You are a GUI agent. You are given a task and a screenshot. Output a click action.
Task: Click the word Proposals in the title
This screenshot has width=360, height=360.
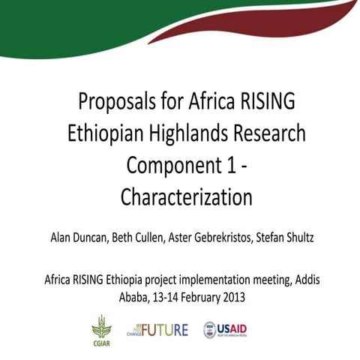click(115, 101)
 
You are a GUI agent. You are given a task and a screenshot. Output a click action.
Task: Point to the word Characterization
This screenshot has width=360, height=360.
click(186, 197)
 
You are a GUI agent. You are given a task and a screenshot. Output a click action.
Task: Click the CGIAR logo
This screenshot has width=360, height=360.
click(100, 329)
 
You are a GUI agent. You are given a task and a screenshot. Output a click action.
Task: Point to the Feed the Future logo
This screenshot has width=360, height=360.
click(157, 329)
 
